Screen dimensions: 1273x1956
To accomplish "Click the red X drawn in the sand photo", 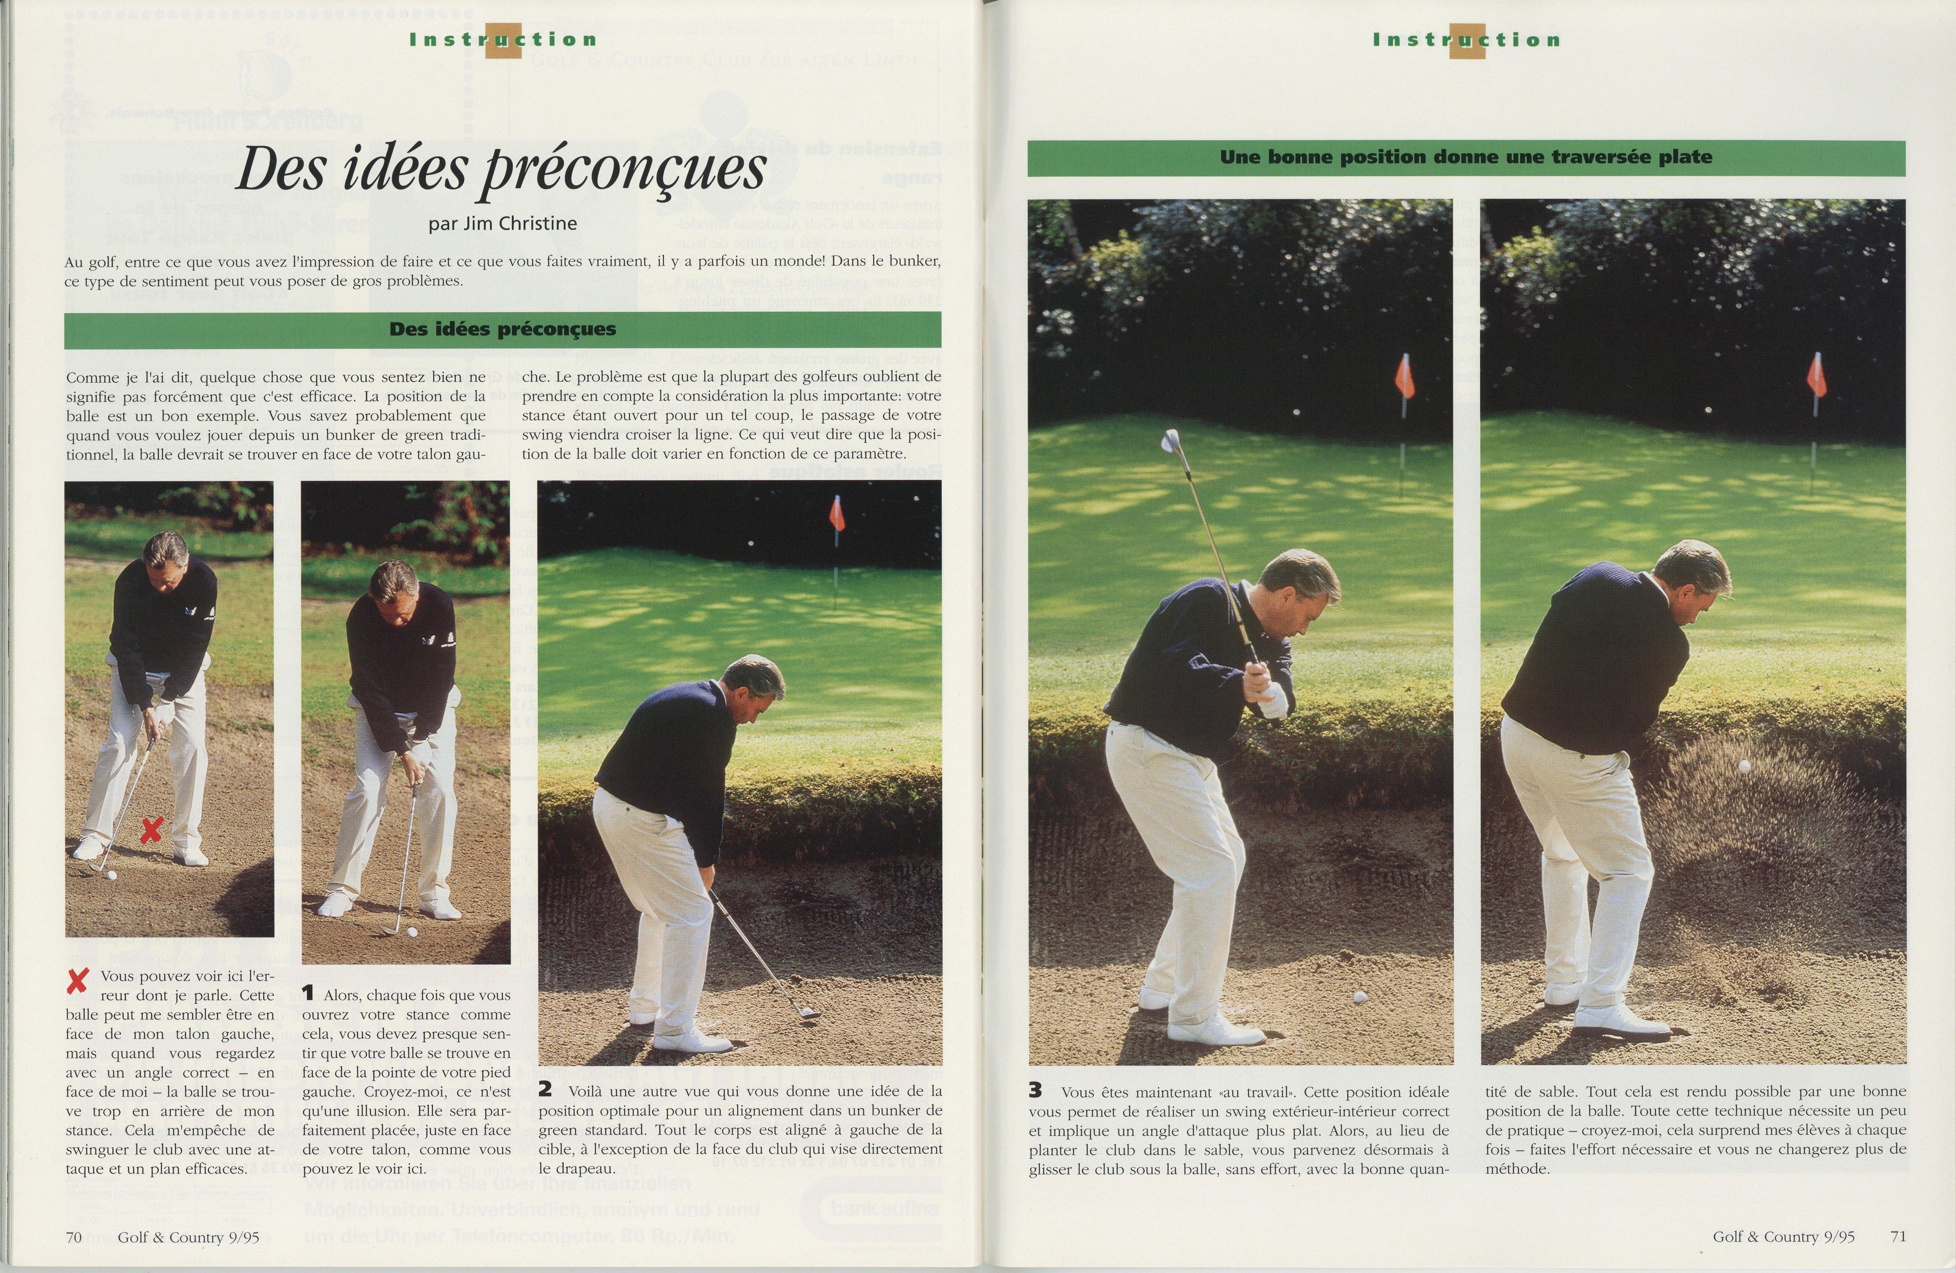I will coord(150,830).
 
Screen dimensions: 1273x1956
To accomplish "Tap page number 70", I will coord(73,1237).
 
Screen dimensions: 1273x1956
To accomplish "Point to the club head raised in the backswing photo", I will coord(1169,441).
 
